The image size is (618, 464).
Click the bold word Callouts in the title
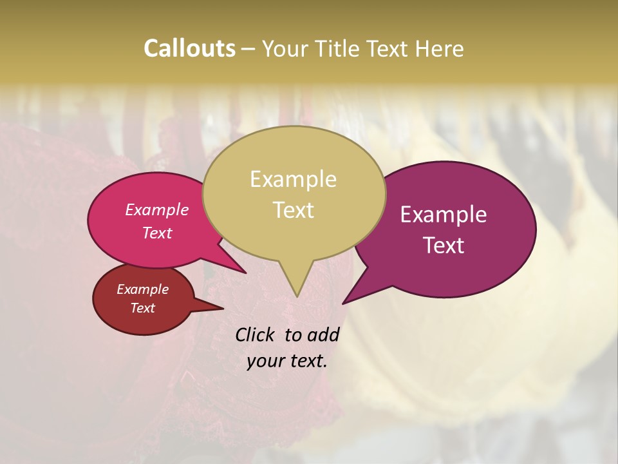tap(189, 48)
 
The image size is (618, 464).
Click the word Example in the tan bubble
tap(293, 179)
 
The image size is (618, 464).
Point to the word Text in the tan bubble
tap(293, 210)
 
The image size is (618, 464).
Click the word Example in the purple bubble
tap(444, 215)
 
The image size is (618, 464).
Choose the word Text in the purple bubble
tap(444, 246)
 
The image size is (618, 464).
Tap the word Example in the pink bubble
tap(156, 209)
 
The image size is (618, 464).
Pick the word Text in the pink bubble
tap(156, 233)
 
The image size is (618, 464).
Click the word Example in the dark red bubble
tap(142, 289)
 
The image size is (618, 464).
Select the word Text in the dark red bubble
tap(142, 308)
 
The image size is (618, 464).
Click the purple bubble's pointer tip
tap(344, 302)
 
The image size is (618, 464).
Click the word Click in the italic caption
tap(256, 334)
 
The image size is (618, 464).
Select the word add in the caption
tap(323, 334)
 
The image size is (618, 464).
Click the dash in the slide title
tap(248, 48)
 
